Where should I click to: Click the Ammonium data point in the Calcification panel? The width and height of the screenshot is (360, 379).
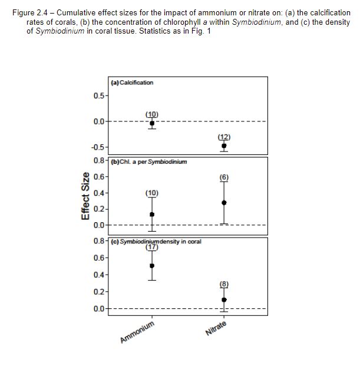(152, 123)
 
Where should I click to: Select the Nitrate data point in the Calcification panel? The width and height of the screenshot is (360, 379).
(224, 145)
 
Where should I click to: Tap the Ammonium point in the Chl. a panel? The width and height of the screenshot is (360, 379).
(152, 214)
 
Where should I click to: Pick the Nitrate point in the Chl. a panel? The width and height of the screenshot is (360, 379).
(224, 202)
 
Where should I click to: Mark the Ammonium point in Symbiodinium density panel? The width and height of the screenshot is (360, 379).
(152, 265)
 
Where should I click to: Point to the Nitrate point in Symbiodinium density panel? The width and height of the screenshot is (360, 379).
(224, 299)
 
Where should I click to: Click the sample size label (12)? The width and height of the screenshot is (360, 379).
(224, 137)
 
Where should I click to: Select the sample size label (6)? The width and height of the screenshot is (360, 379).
(224, 177)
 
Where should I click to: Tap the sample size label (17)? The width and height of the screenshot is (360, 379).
(152, 248)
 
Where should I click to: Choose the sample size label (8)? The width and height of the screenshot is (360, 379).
(224, 284)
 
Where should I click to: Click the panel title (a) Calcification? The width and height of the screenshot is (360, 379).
(132, 83)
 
